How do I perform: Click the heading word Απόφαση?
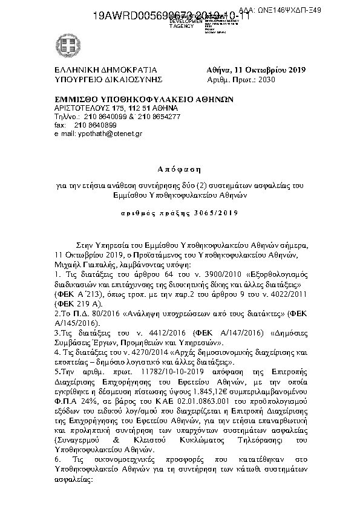coord(180,168)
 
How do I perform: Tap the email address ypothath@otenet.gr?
coord(110,132)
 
